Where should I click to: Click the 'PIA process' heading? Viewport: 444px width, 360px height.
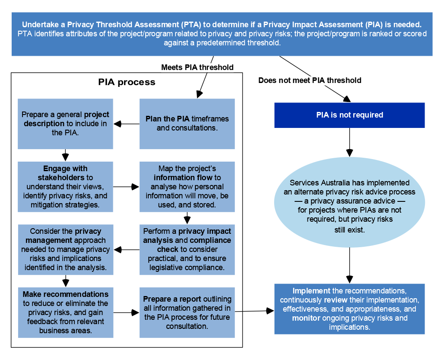click(x=127, y=82)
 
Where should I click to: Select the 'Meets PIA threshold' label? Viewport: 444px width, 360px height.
click(x=197, y=67)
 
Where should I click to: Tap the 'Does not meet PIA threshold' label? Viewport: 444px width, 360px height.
click(x=310, y=80)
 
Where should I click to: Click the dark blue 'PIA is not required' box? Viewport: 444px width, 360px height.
click(x=349, y=115)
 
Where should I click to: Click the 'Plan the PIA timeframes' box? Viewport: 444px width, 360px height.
click(x=187, y=124)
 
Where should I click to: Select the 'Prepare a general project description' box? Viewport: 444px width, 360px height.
click(x=65, y=124)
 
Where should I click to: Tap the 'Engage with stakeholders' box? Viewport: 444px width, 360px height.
click(x=65, y=187)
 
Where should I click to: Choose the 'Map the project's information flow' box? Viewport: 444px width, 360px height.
click(x=187, y=187)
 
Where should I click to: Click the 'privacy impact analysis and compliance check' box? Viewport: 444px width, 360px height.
click(x=187, y=249)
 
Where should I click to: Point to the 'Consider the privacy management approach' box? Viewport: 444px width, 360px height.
click(x=65, y=249)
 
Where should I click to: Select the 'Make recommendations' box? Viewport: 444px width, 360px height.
click(x=65, y=312)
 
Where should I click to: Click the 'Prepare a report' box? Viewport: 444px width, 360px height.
click(x=187, y=312)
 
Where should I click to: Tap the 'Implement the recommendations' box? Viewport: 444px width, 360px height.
click(x=349, y=309)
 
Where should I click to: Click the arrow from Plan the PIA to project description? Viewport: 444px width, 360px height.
click(x=126, y=124)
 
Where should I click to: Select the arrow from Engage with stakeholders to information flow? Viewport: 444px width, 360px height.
click(x=126, y=187)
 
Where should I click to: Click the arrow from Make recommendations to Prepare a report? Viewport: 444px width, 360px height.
click(x=126, y=312)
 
